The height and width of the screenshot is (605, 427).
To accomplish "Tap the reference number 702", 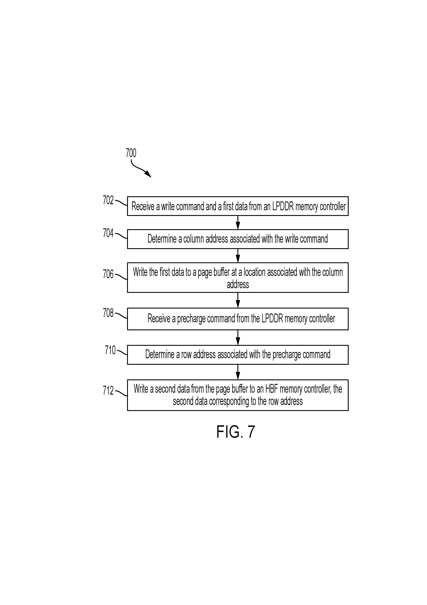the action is (108, 200).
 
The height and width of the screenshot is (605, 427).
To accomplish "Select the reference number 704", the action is (108, 233).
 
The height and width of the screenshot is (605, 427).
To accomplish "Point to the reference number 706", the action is (108, 274).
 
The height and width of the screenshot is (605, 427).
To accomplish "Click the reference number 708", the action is (108, 313).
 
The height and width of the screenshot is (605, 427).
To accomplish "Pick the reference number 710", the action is (110, 350).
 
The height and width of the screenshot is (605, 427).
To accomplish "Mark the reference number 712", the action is (108, 390).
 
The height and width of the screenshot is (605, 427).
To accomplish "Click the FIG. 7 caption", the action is (236, 432).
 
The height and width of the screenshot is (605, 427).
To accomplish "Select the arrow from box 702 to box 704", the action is (238, 222).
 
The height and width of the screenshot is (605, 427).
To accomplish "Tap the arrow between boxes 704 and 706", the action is (238, 256).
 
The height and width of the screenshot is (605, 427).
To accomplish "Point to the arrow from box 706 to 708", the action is (238, 300).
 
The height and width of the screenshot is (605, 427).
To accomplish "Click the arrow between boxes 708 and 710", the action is (238, 338).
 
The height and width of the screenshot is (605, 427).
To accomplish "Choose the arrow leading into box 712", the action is (238, 372).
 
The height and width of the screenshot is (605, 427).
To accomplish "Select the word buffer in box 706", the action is (222, 272).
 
